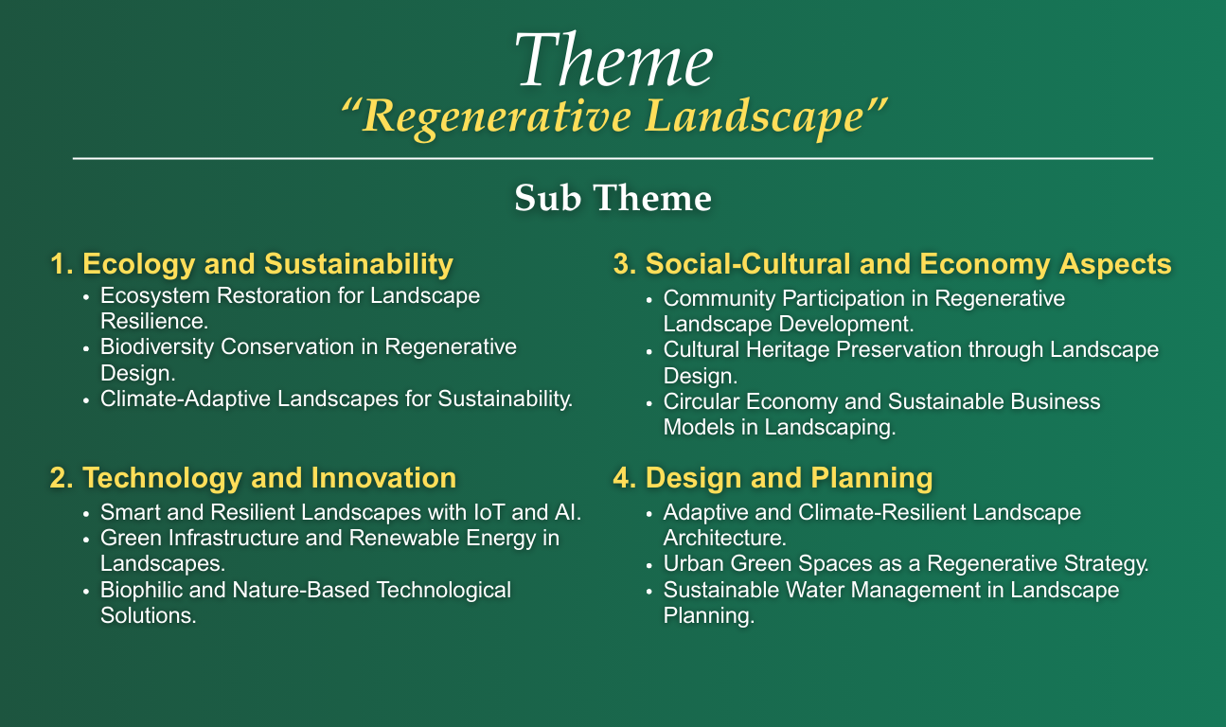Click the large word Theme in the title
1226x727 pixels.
coord(613,62)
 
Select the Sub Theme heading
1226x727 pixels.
coord(613,198)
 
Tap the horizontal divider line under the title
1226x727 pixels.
coord(613,158)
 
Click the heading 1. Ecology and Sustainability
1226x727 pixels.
coord(251,263)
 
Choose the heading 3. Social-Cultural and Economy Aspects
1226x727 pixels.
coord(893,265)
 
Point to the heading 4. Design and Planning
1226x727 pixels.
coord(773,478)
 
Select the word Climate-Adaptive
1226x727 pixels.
coord(175,399)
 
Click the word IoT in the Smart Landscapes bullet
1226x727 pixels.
coord(519,514)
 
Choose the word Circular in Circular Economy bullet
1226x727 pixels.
coord(699,401)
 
